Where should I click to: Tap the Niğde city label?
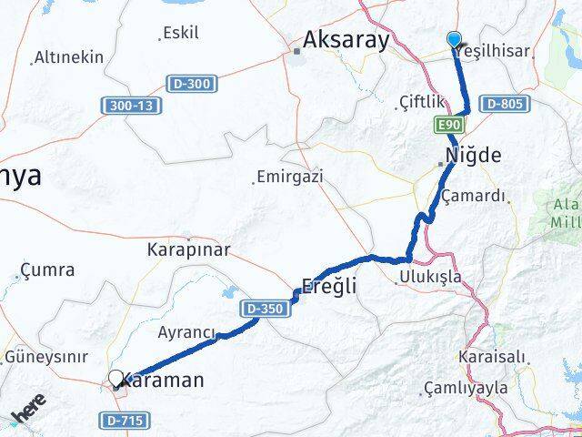pos(473,155)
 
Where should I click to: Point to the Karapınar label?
pos(188,249)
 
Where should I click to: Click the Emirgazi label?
pos(289,176)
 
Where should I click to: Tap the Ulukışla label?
pos(430,277)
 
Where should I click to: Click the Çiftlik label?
pos(420,102)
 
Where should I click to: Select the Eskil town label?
pos(180,34)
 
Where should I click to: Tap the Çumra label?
pos(47,270)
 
